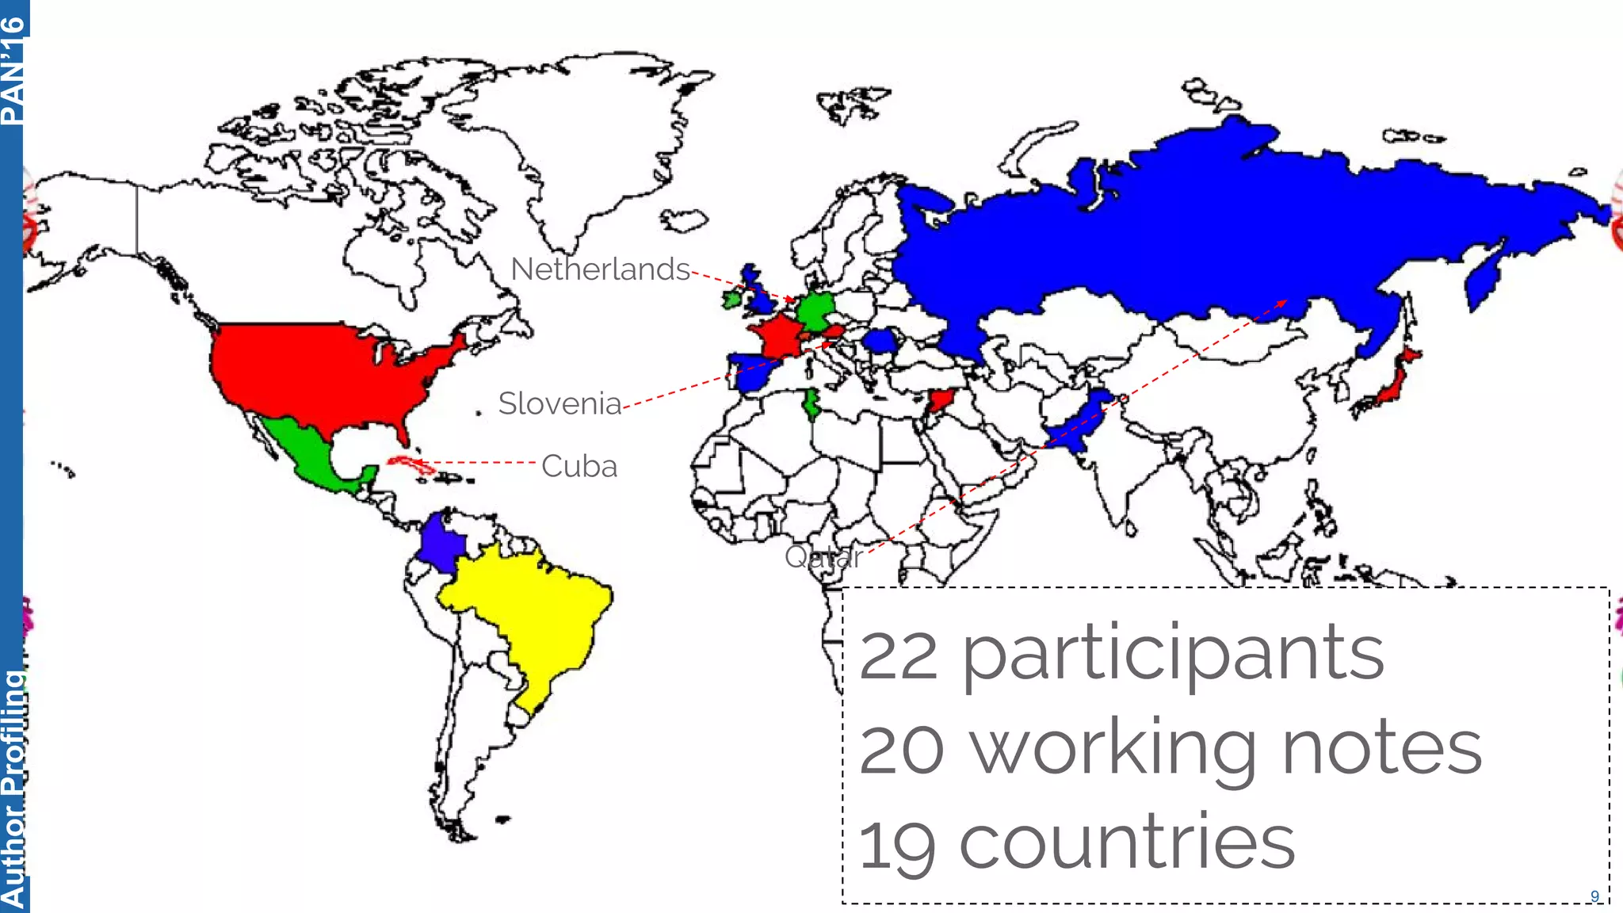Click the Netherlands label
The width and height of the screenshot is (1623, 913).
click(x=600, y=269)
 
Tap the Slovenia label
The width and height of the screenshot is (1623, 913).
click(x=559, y=404)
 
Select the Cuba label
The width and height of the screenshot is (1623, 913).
click(x=579, y=467)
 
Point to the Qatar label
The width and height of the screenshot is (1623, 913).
click(x=823, y=557)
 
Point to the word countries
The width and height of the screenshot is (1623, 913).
click(x=1127, y=843)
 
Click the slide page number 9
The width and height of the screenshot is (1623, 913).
click(x=1594, y=896)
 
